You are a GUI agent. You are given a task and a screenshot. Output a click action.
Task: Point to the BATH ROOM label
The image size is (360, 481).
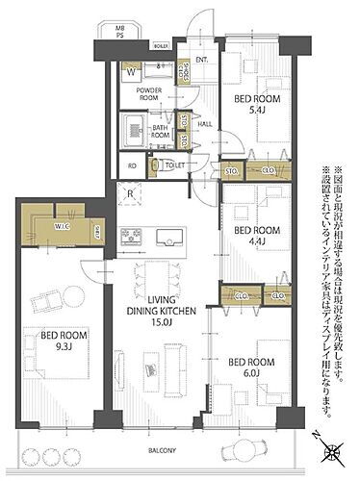161,132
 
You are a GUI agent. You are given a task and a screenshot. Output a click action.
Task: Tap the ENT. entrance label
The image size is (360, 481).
202,61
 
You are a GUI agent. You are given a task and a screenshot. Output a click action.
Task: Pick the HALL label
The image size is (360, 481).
205,123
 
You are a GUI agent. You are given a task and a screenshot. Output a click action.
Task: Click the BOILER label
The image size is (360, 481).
161,44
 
